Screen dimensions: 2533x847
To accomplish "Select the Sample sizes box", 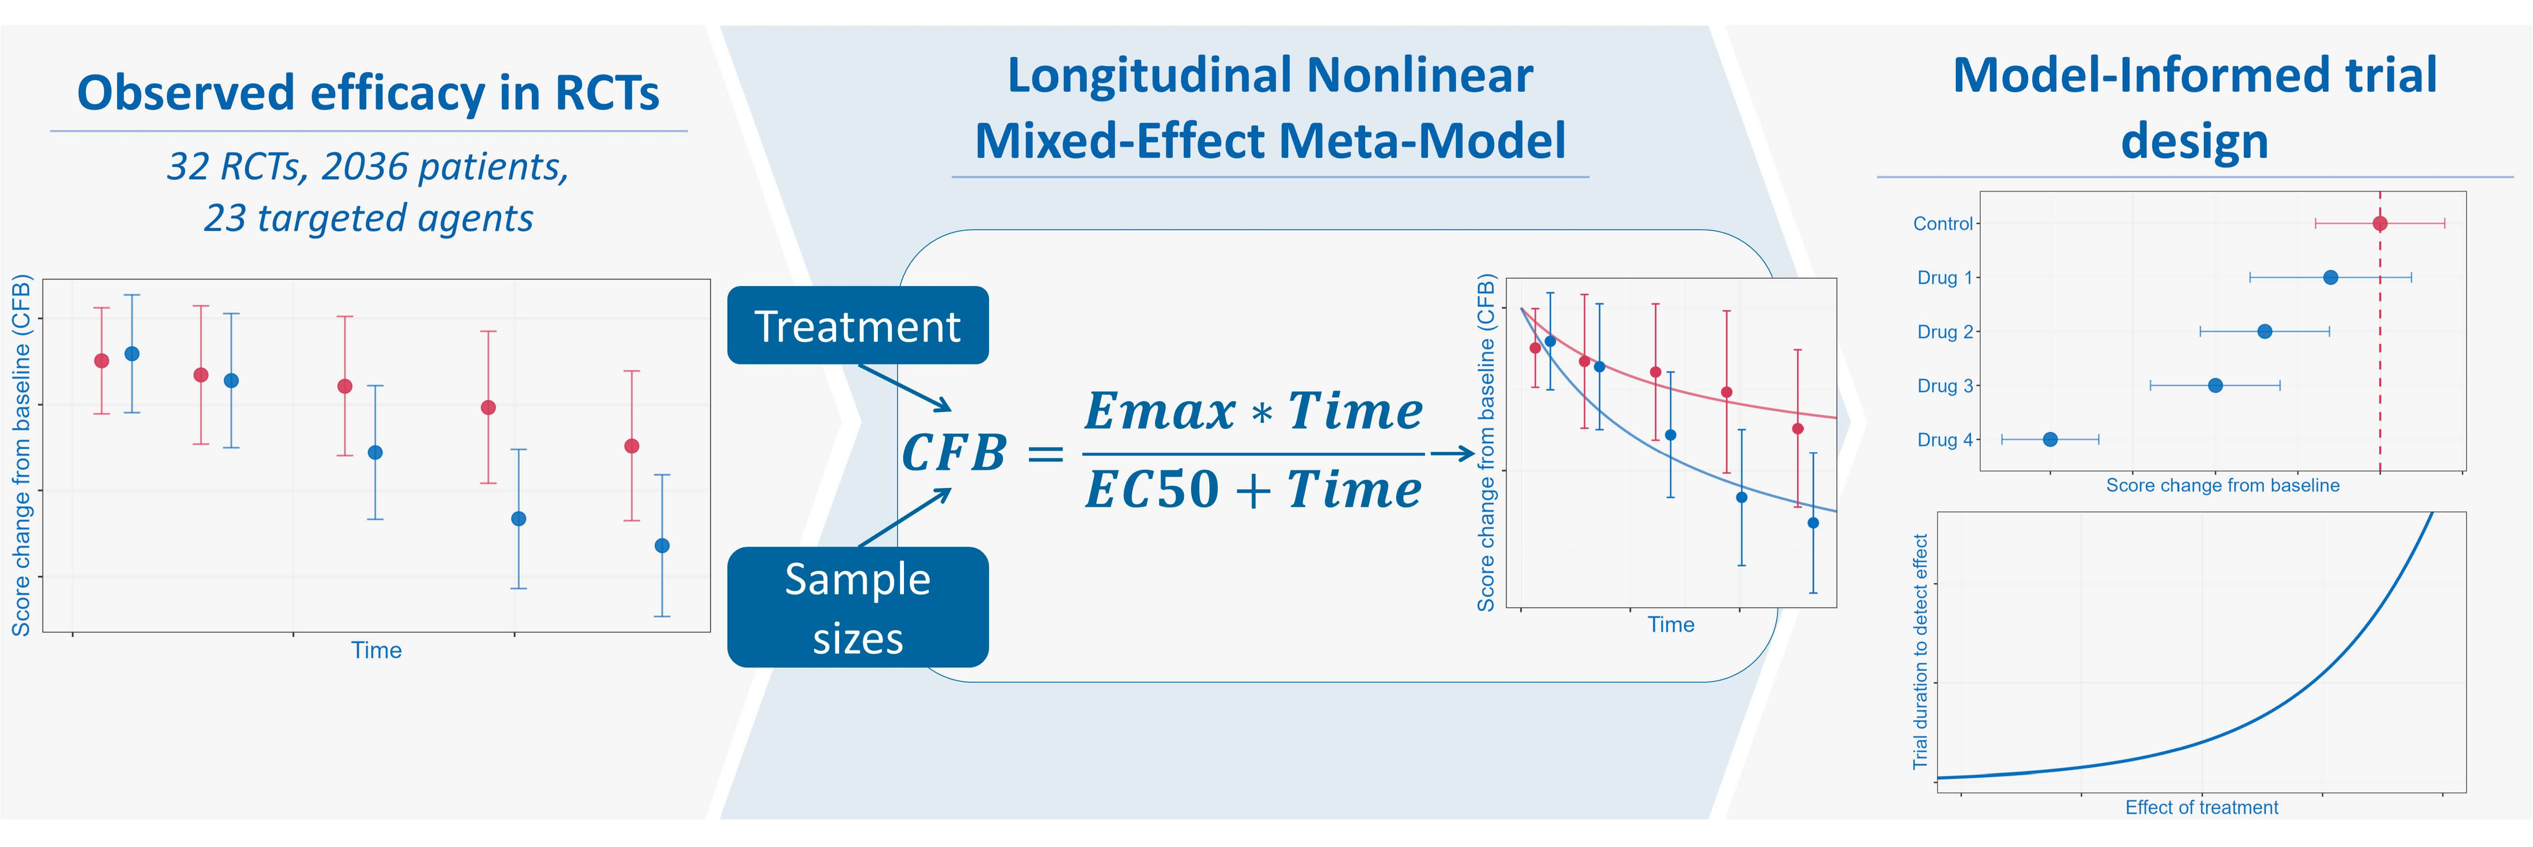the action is click(x=858, y=607).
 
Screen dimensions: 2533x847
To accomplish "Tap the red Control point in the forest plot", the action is click(x=2380, y=223).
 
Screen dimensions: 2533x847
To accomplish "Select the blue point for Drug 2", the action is click(x=2265, y=332).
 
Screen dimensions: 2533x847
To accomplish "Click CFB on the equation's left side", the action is click(x=954, y=453).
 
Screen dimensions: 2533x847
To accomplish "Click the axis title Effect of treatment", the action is click(x=2201, y=807).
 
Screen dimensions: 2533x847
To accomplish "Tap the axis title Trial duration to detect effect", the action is click(x=1920, y=651).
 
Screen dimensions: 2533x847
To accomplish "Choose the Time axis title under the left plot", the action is click(x=377, y=650).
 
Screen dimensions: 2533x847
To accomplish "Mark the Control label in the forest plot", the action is click(x=1942, y=223).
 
